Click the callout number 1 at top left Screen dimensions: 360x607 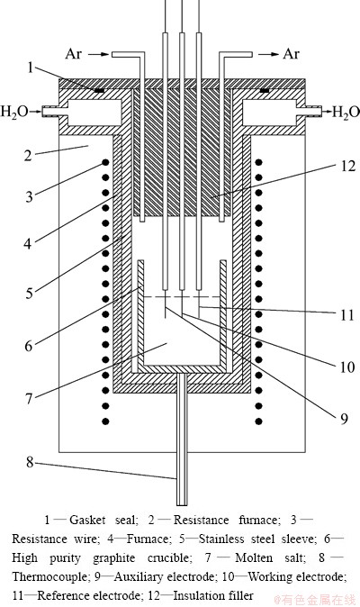[31, 68]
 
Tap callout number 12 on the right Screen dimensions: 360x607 [347, 166]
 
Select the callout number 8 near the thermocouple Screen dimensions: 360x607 [30, 462]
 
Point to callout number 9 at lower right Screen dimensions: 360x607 [344, 419]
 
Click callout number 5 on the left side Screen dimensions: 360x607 [30, 293]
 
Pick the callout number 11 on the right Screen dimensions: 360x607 [346, 315]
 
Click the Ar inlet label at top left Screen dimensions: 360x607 [74, 54]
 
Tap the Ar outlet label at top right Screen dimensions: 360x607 [291, 54]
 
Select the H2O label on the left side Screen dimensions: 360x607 [14, 113]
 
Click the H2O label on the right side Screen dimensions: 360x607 [346, 113]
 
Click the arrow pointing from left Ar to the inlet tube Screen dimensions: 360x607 [98, 55]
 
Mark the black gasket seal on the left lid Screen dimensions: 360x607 [99, 91]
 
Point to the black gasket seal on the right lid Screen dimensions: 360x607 [265, 91]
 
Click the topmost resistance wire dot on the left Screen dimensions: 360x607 [104, 163]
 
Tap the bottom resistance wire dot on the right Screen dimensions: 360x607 [258, 421]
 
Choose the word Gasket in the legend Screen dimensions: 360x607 [87, 520]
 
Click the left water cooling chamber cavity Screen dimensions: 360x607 [95, 113]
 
